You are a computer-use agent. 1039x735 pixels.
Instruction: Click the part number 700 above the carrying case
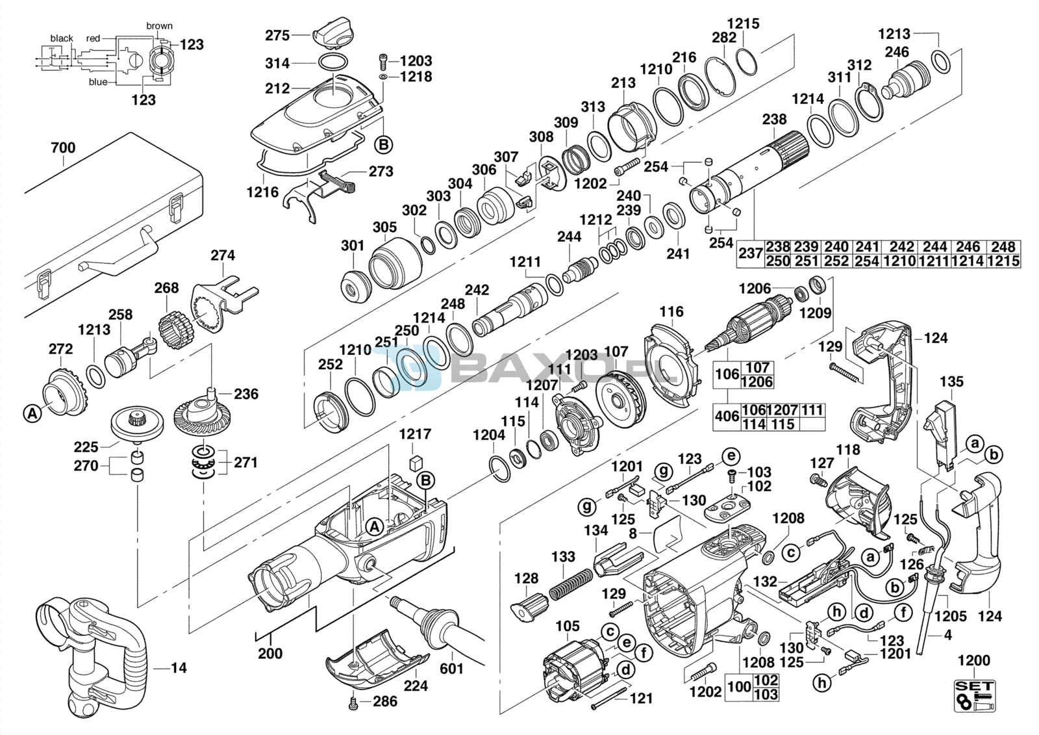(63, 148)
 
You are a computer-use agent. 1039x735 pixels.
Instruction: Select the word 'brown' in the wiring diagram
(159, 26)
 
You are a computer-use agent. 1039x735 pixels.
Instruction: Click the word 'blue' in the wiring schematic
(98, 82)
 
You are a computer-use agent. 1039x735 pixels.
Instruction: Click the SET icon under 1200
(974, 695)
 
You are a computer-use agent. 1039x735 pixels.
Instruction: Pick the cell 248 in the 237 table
(1003, 247)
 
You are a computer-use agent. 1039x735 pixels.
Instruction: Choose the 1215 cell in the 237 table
(1003, 261)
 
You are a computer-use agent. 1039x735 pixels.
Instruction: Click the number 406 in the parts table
(727, 417)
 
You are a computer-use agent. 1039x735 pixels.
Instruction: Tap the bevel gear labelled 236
(201, 413)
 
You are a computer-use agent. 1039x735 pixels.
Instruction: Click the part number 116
(671, 312)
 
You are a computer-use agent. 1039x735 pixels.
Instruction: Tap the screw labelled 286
(353, 703)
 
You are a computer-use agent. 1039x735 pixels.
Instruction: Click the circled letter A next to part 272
(32, 413)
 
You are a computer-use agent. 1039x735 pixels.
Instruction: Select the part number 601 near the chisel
(452, 668)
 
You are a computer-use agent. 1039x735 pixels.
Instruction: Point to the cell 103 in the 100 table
(766, 694)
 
